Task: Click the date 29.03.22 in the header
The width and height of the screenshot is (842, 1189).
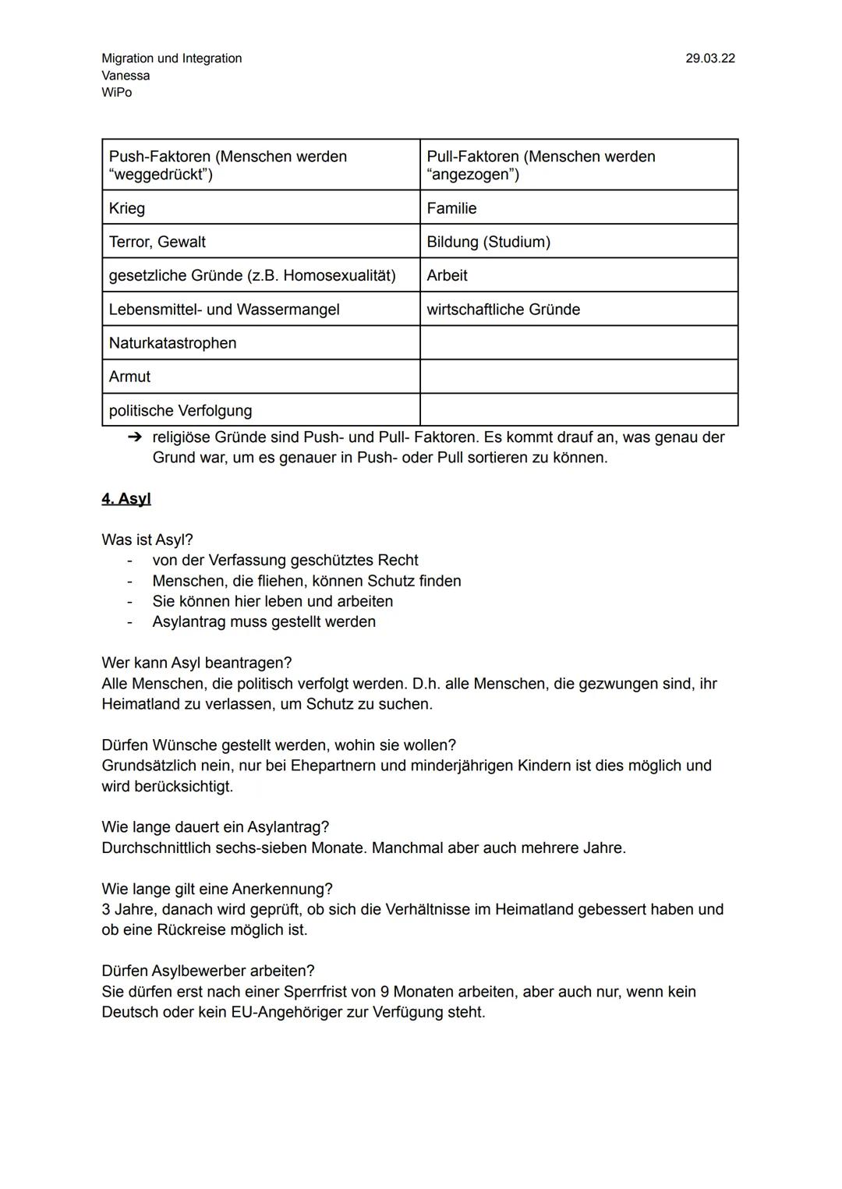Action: pos(709,58)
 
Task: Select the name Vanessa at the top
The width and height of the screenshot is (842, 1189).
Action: pos(126,76)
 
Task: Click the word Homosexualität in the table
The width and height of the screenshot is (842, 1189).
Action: pos(338,275)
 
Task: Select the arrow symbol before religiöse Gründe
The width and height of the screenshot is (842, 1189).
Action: pos(134,437)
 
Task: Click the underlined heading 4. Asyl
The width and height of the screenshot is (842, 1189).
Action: pos(126,499)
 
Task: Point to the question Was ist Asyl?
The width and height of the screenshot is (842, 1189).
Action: pos(147,540)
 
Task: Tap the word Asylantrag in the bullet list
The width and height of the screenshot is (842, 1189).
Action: pos(189,621)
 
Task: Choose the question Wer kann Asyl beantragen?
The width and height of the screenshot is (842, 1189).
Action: pos(196,663)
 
